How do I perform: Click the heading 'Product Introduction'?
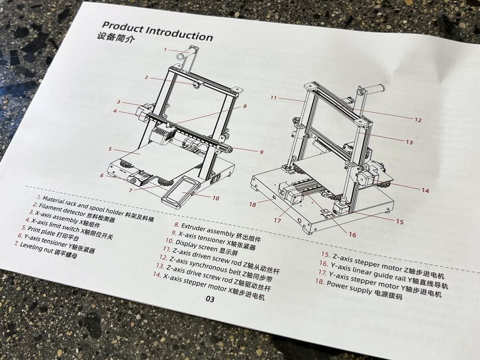157,31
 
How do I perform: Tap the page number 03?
210,299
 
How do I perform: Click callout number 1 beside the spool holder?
165,49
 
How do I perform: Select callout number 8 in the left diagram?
244,106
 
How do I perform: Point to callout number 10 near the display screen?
216,198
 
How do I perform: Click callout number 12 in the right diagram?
418,120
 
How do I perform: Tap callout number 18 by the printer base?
252,204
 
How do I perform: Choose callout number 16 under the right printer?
352,235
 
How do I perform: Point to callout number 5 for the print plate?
110,149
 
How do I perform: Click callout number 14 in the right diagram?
425,190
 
